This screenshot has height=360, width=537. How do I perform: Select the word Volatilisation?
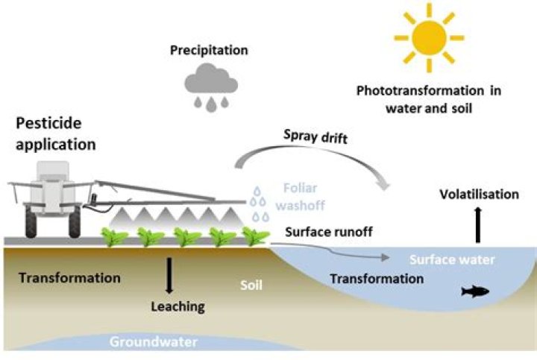coord(478,195)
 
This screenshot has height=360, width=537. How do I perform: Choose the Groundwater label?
coord(153,343)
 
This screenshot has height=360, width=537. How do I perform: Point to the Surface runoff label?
coord(329,231)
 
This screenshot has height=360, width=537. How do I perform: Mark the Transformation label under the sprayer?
coord(69,278)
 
